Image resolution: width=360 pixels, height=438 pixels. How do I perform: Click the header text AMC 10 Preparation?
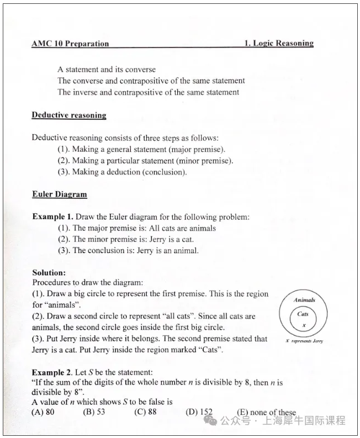pos(70,44)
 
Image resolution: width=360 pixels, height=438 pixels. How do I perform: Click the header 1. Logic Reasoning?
pos(279,43)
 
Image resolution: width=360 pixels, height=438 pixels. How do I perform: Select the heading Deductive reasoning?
pos(69,115)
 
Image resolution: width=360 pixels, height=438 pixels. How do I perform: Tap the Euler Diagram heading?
pos(59,194)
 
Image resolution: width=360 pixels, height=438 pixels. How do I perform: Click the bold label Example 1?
pos(52,217)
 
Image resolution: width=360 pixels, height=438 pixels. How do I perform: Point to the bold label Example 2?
pos(52,373)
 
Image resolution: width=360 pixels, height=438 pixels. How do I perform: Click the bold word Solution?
pos(49,273)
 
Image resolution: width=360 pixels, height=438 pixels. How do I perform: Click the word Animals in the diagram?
pos(304,300)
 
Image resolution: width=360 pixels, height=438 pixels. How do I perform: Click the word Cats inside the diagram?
pos(303,314)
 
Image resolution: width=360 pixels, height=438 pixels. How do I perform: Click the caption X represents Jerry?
pos(304,341)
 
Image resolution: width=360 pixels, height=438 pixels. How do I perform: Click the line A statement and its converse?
pos(107,70)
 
